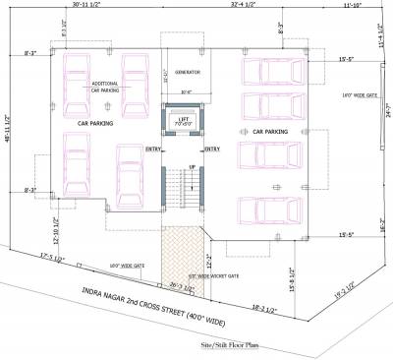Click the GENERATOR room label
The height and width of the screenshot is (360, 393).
click(x=187, y=73)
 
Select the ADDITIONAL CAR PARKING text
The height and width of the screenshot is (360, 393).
click(x=106, y=87)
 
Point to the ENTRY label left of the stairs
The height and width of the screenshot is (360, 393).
click(x=154, y=150)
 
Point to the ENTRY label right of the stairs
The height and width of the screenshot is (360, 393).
click(x=211, y=150)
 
